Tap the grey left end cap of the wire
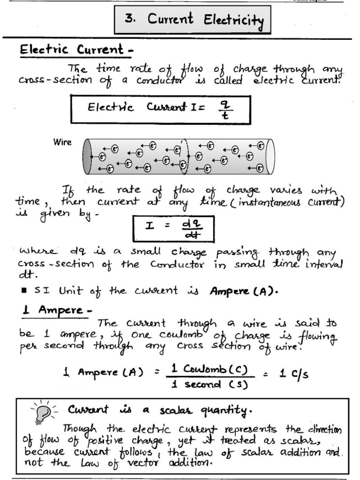click(x=88, y=157)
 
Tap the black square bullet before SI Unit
click(x=23, y=291)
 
